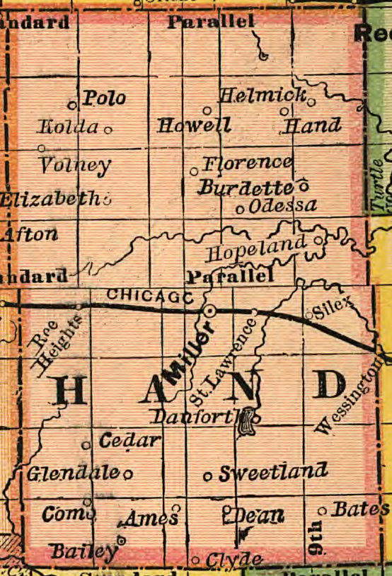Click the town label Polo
pyautogui.click(x=104, y=98)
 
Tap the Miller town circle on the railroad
pyautogui.click(x=210, y=310)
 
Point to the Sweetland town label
pyautogui.click(x=273, y=473)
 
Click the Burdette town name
pyautogui.click(x=246, y=188)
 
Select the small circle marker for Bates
pyautogui.click(x=322, y=510)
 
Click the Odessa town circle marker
pyautogui.click(x=240, y=209)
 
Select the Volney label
pyautogui.click(x=75, y=166)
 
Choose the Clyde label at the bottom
pyautogui.click(x=234, y=560)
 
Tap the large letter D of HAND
pyautogui.click(x=330, y=386)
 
